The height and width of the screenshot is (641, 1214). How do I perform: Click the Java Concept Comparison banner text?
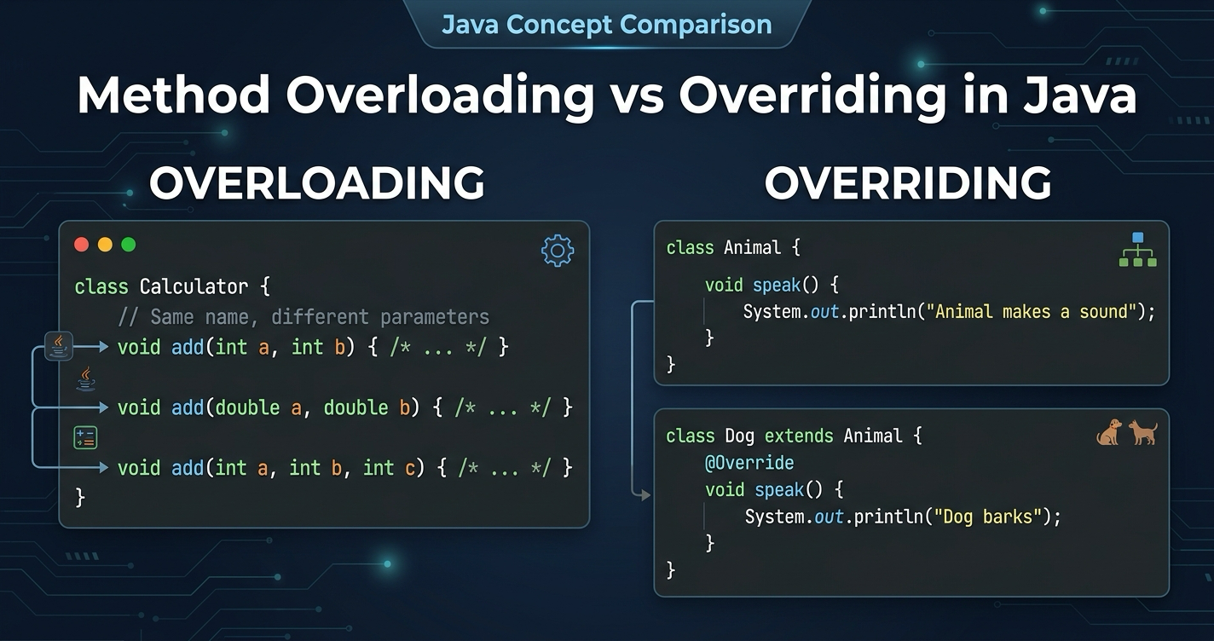[x=606, y=24]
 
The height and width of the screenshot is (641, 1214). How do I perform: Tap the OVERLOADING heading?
[x=317, y=183]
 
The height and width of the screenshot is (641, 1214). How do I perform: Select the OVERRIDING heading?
[x=907, y=183]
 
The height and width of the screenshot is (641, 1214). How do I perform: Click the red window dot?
[x=82, y=245]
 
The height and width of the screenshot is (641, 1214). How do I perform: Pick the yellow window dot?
[x=105, y=245]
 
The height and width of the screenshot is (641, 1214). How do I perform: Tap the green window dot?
[x=129, y=245]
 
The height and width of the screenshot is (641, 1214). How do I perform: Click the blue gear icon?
[x=558, y=251]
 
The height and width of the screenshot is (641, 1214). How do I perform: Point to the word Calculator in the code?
[x=194, y=286]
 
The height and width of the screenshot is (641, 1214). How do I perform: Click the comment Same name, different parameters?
[x=303, y=317]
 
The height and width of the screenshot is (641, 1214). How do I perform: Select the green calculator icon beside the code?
[x=85, y=438]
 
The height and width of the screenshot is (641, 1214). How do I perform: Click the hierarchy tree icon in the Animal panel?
[x=1137, y=250]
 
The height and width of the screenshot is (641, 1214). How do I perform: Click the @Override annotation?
[x=749, y=463]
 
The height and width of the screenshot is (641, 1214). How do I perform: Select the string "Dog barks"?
[x=989, y=517]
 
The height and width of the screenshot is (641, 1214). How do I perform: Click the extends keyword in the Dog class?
[x=798, y=436]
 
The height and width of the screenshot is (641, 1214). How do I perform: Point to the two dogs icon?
[x=1126, y=432]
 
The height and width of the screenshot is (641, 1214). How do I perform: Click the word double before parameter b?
[x=356, y=407]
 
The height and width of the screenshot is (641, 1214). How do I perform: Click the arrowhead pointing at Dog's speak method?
[x=645, y=494]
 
